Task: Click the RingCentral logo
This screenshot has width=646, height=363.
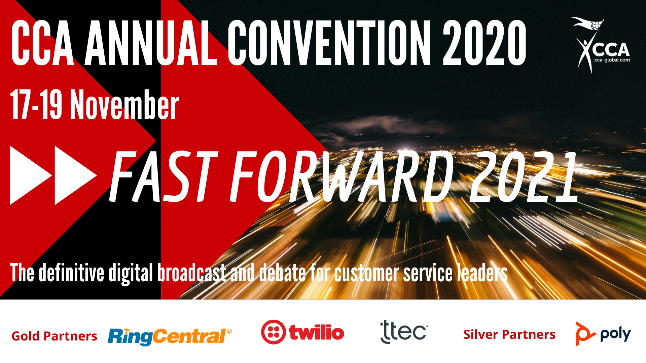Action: [170, 336]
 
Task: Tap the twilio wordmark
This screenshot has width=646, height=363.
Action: [317, 332]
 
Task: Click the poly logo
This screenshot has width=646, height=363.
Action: [603, 334]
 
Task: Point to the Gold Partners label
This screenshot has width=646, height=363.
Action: [54, 336]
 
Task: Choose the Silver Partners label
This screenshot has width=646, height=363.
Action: [509, 334]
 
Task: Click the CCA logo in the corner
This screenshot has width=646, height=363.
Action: [601, 45]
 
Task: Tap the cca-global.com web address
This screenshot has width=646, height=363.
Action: [612, 60]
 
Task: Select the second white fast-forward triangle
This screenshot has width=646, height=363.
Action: [76, 175]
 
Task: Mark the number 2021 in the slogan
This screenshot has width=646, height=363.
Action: [524, 176]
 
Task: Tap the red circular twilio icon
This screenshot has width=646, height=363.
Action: [273, 332]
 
